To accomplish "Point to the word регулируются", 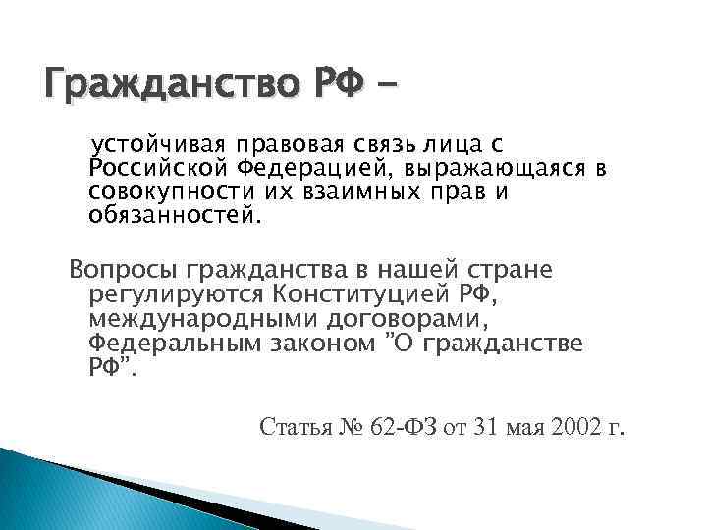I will (x=166, y=292).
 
